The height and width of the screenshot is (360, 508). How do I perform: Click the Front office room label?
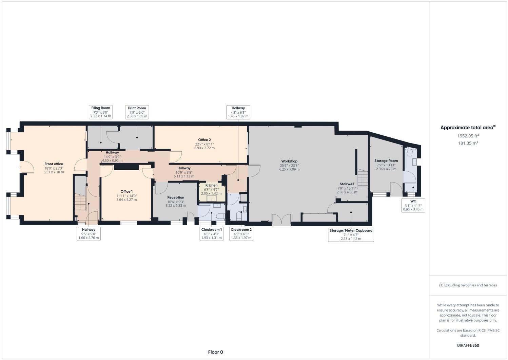click(54, 168)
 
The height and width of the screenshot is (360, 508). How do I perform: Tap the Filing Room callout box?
click(101, 112)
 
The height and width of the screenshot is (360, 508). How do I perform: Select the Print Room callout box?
click(137, 112)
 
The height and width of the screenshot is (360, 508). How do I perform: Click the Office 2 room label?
click(204, 144)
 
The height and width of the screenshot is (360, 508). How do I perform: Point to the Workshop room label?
click(289, 165)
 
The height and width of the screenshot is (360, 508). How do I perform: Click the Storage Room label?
click(386, 165)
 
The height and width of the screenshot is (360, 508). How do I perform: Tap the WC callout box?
click(413, 205)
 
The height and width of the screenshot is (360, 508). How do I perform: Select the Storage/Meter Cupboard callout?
click(351, 234)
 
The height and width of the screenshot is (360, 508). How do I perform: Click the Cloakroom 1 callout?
click(212, 234)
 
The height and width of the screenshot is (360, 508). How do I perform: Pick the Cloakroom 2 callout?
click(241, 234)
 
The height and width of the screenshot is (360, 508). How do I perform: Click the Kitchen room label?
click(211, 189)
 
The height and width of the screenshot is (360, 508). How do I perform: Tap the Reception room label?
click(176, 201)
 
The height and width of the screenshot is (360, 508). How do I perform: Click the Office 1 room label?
click(126, 195)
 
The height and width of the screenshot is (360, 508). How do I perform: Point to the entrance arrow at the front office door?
click(20, 167)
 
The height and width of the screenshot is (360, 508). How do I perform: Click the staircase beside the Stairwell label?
click(363, 179)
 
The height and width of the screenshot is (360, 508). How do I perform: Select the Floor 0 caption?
click(215, 352)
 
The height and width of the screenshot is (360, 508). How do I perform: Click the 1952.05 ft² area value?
click(468, 136)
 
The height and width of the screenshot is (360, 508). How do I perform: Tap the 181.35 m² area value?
click(468, 143)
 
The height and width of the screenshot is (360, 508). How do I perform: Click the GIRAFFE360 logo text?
click(468, 346)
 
